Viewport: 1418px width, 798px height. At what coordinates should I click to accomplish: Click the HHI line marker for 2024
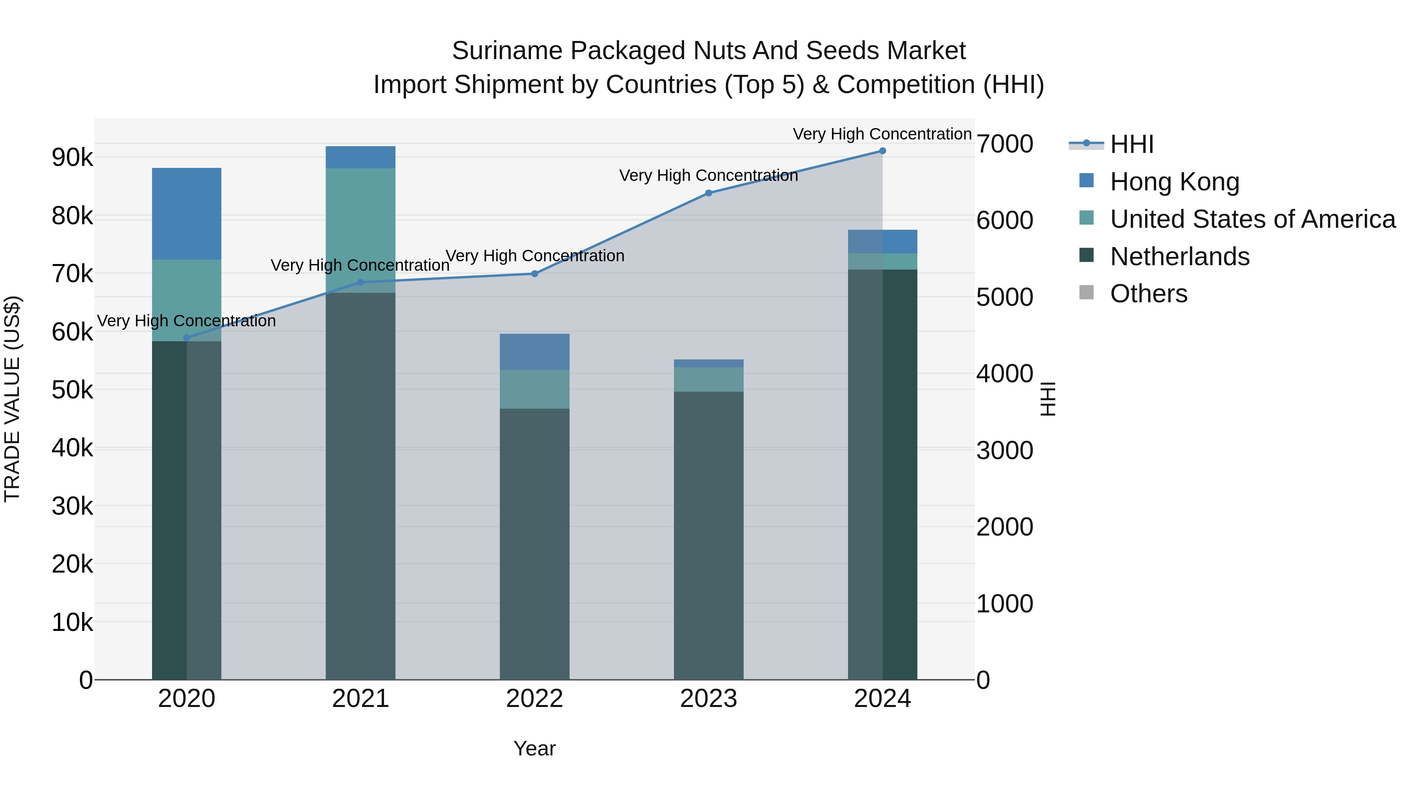tap(882, 151)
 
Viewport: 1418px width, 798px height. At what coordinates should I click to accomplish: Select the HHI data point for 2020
tap(187, 338)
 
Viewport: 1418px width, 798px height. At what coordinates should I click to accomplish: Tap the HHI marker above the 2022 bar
tap(535, 274)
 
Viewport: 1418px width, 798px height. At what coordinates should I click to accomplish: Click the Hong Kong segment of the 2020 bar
tap(187, 214)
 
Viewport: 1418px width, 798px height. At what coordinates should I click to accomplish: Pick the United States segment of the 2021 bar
tap(360, 230)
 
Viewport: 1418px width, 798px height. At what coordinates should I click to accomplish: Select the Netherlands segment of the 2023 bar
tap(709, 534)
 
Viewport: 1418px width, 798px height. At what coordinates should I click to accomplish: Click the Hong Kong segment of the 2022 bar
tap(535, 352)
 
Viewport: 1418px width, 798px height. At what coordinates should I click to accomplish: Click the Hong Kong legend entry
tap(1174, 182)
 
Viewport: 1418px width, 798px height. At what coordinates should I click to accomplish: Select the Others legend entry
tap(1148, 294)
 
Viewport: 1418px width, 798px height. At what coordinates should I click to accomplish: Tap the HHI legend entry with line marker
tap(1131, 144)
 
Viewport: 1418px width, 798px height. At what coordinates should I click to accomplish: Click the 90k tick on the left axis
tap(72, 158)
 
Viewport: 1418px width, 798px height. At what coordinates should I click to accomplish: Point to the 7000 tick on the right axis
tap(1004, 144)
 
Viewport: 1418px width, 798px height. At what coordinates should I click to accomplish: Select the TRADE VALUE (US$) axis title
tap(12, 399)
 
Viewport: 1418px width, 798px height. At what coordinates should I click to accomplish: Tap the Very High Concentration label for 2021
tap(360, 266)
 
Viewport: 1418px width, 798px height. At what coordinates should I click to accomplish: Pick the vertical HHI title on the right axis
tap(1048, 399)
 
